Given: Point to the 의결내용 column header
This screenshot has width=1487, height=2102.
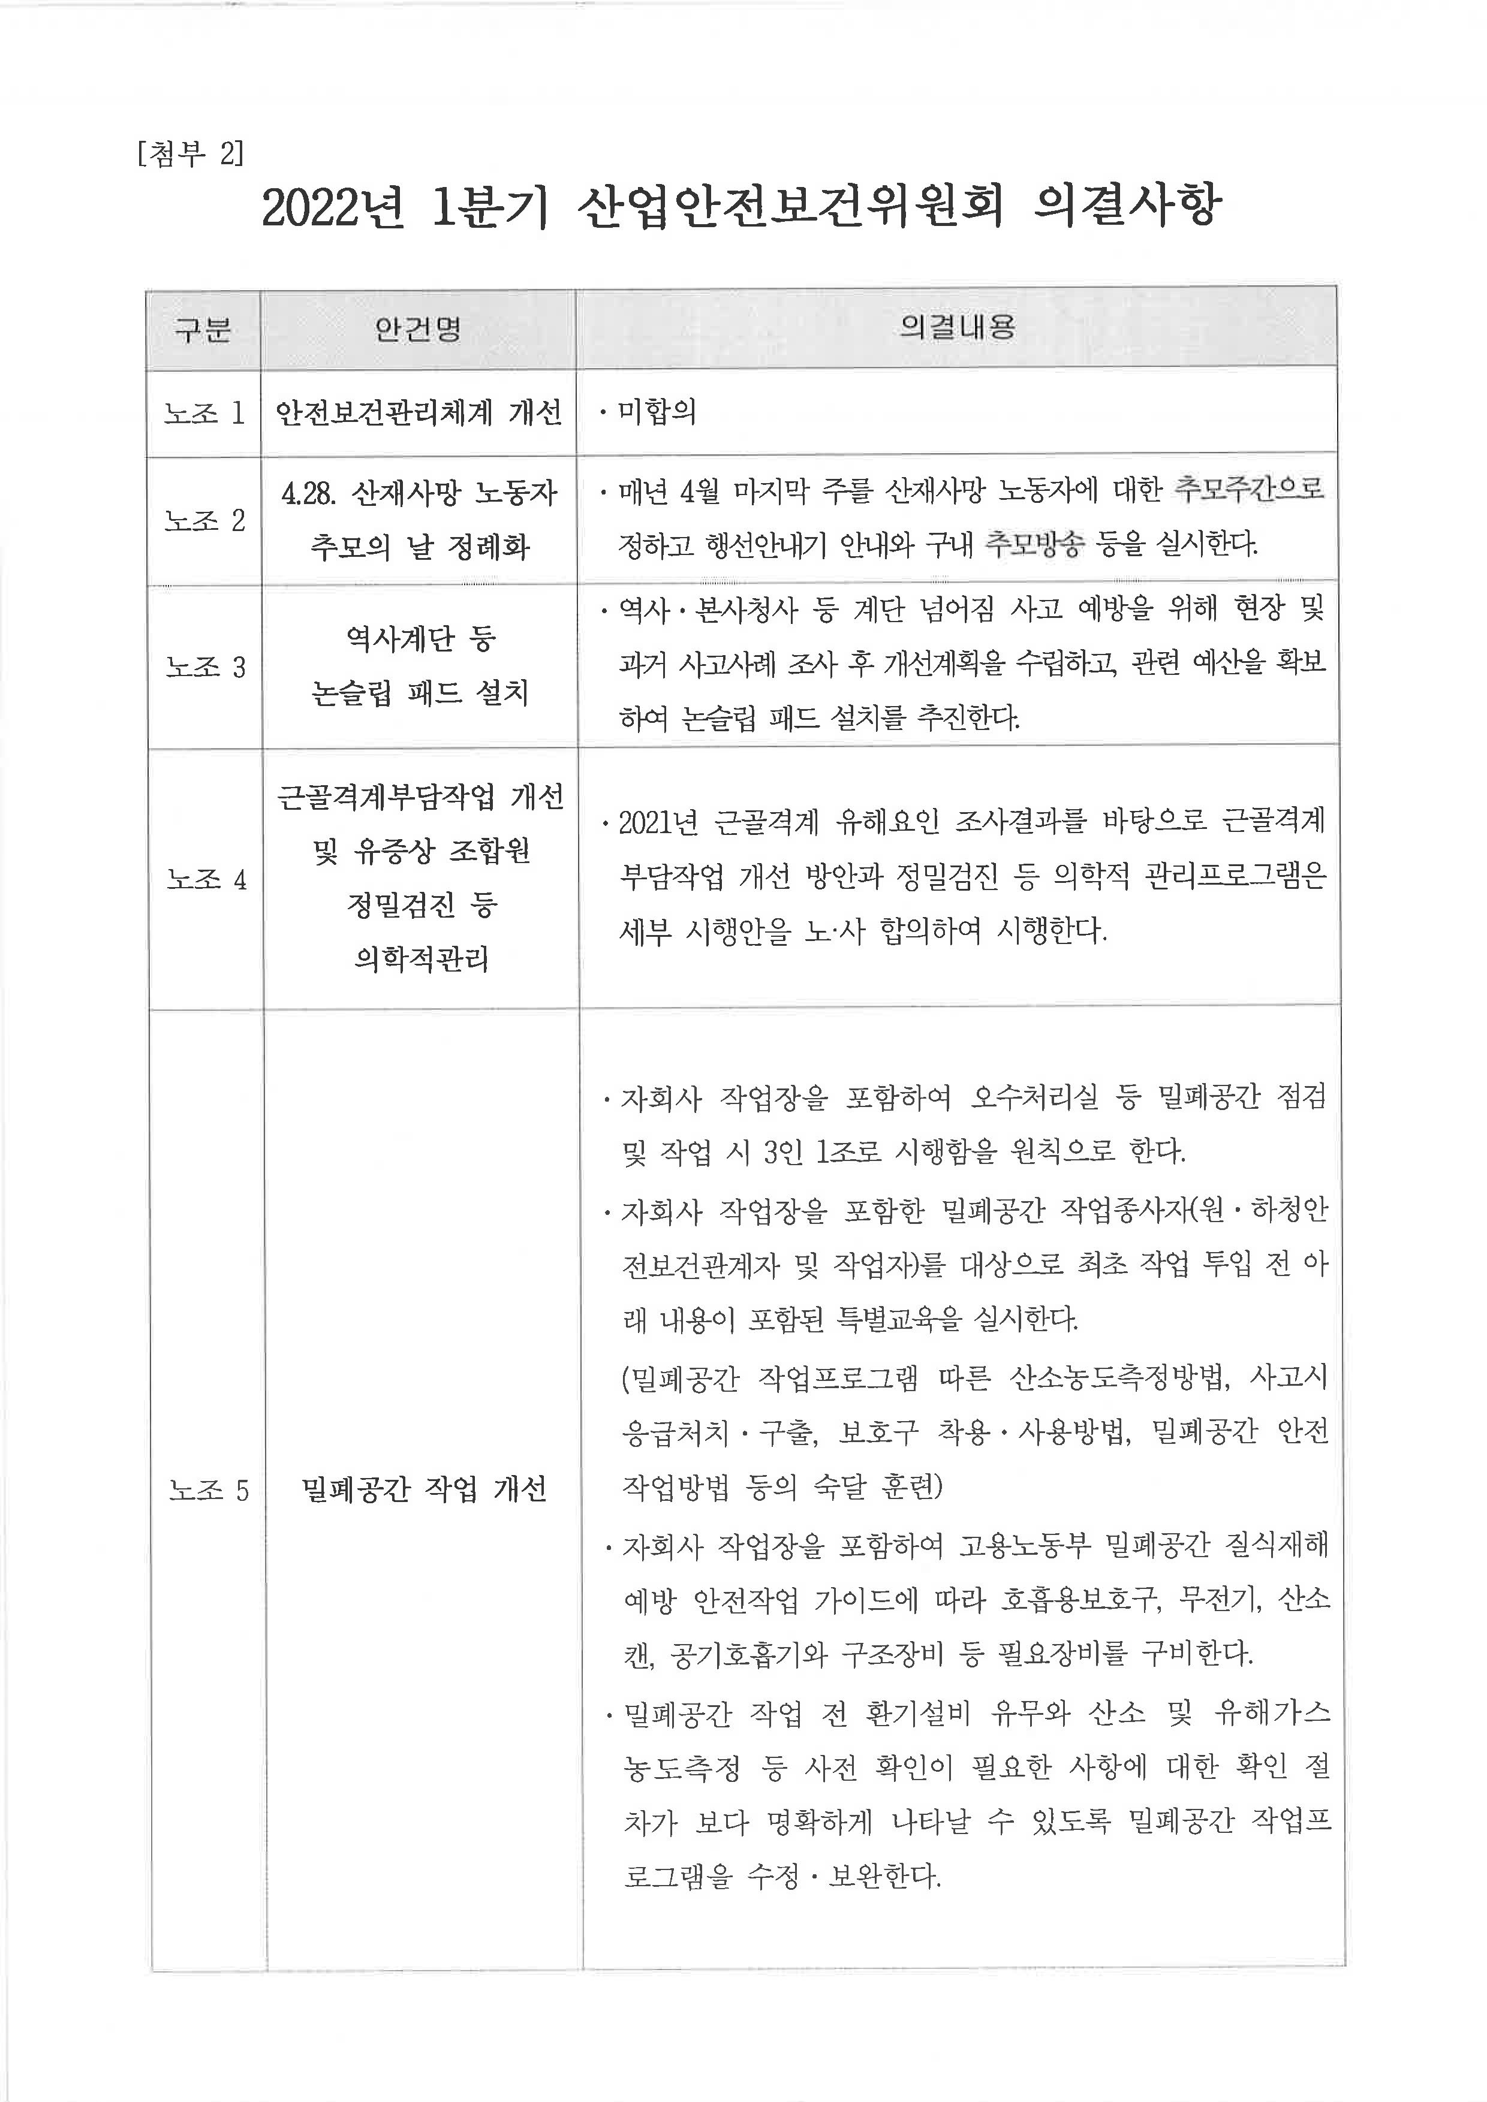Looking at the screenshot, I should click(x=957, y=327).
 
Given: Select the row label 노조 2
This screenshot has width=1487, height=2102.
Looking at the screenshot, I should click(x=205, y=521).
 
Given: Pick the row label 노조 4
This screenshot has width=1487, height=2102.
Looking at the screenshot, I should click(x=207, y=880).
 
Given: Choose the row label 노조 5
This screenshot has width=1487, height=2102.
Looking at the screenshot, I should click(x=209, y=1491).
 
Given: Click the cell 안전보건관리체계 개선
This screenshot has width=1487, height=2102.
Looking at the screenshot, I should click(x=419, y=414).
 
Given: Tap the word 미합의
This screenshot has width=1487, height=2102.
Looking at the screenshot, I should click(x=657, y=412).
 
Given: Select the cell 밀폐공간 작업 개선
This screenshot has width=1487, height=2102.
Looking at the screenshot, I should click(x=423, y=1489).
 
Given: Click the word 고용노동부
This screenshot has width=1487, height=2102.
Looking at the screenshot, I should click(x=1025, y=1546).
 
